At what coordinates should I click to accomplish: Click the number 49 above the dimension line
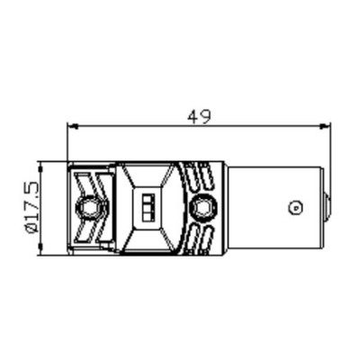(199, 117)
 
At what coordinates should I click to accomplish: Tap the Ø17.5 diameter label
(31, 207)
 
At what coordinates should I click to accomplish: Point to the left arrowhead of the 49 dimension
(72, 127)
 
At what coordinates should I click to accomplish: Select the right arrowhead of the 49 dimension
(325, 127)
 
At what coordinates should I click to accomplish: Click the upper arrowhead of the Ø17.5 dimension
(40, 166)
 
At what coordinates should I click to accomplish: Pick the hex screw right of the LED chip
(203, 207)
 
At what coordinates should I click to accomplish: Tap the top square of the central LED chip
(148, 199)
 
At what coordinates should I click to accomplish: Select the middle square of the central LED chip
(148, 208)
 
